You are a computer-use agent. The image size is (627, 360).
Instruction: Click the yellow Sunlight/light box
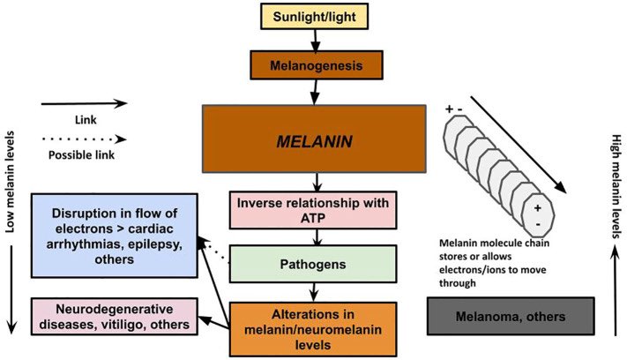pyautogui.click(x=315, y=17)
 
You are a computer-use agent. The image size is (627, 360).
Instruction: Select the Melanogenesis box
pyautogui.click(x=315, y=65)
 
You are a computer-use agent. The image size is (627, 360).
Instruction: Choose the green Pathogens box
pyautogui.click(x=315, y=263)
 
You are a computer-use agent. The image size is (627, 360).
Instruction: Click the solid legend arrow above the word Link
pyautogui.click(x=84, y=102)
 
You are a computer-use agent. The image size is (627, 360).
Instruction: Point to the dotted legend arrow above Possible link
pyautogui.click(x=84, y=139)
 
